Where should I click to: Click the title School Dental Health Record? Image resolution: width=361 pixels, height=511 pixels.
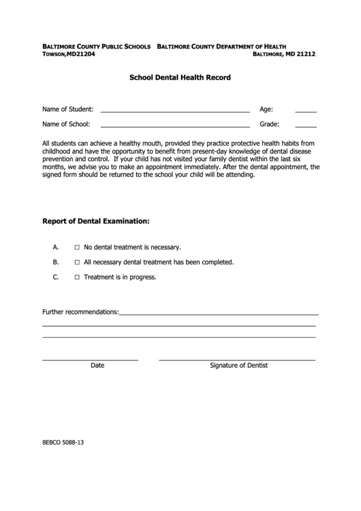(x=180, y=78)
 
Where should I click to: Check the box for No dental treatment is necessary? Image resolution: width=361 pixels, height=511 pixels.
(x=77, y=247)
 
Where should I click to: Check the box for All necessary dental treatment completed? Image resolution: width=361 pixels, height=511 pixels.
(x=77, y=262)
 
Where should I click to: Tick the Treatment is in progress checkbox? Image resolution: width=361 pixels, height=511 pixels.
(x=77, y=277)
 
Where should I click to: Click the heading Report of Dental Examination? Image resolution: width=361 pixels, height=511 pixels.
(x=96, y=222)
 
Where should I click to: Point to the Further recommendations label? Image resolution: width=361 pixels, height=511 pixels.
(x=80, y=312)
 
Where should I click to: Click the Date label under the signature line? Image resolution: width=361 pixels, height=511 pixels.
(x=97, y=366)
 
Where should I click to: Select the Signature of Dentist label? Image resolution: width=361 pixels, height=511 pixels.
(x=238, y=366)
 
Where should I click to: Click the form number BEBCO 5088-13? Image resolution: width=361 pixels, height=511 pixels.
(x=63, y=443)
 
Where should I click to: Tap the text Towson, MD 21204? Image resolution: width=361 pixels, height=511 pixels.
(x=69, y=54)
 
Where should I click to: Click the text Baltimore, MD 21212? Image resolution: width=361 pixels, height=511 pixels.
(x=284, y=54)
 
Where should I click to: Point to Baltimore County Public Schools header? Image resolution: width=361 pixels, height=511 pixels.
(x=97, y=45)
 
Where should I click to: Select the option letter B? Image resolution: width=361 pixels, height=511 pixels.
(x=55, y=262)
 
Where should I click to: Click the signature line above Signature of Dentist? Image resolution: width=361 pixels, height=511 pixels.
(x=236, y=359)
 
